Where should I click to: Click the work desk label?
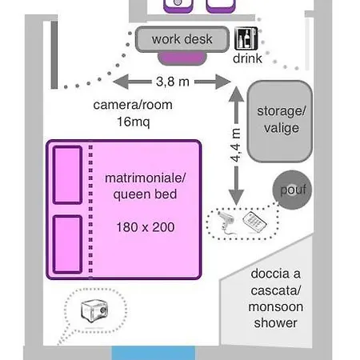point(182,39)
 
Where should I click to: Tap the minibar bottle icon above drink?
point(246,38)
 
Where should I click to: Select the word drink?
point(247,58)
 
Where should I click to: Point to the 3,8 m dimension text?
point(173,82)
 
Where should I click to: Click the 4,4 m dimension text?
point(236,146)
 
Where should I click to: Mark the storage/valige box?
point(280,122)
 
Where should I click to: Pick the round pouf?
point(292,190)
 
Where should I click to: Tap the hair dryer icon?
point(226,222)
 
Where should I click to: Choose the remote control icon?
point(254,221)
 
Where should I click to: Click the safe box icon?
point(94,310)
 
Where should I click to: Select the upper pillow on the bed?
point(67,175)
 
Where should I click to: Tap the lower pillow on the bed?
point(67,245)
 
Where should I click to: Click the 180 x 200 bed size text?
point(146,227)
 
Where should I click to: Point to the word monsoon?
point(276,307)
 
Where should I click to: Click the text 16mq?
point(134,122)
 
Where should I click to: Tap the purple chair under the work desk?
point(182,58)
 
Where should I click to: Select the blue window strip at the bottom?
point(154,353)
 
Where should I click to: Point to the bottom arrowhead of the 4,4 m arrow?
point(236,198)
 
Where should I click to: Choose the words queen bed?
point(145,194)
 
